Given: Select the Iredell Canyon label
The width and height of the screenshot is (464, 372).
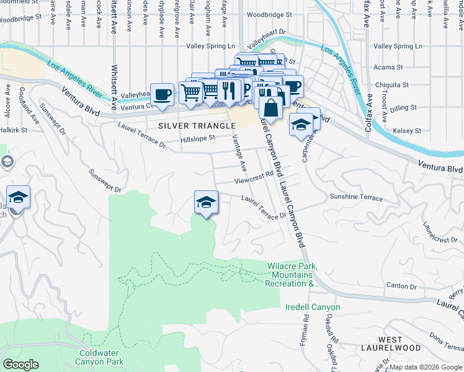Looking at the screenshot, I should click(x=313, y=307).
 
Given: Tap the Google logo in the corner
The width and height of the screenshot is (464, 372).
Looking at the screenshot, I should click(x=20, y=365).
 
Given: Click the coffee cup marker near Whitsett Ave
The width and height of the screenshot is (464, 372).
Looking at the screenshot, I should click(x=162, y=95).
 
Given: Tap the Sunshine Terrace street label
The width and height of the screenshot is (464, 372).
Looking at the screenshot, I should click(x=356, y=197).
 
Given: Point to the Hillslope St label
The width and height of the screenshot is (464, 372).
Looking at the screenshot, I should click(x=197, y=139).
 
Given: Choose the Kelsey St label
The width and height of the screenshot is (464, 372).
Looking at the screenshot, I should click(x=407, y=131).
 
